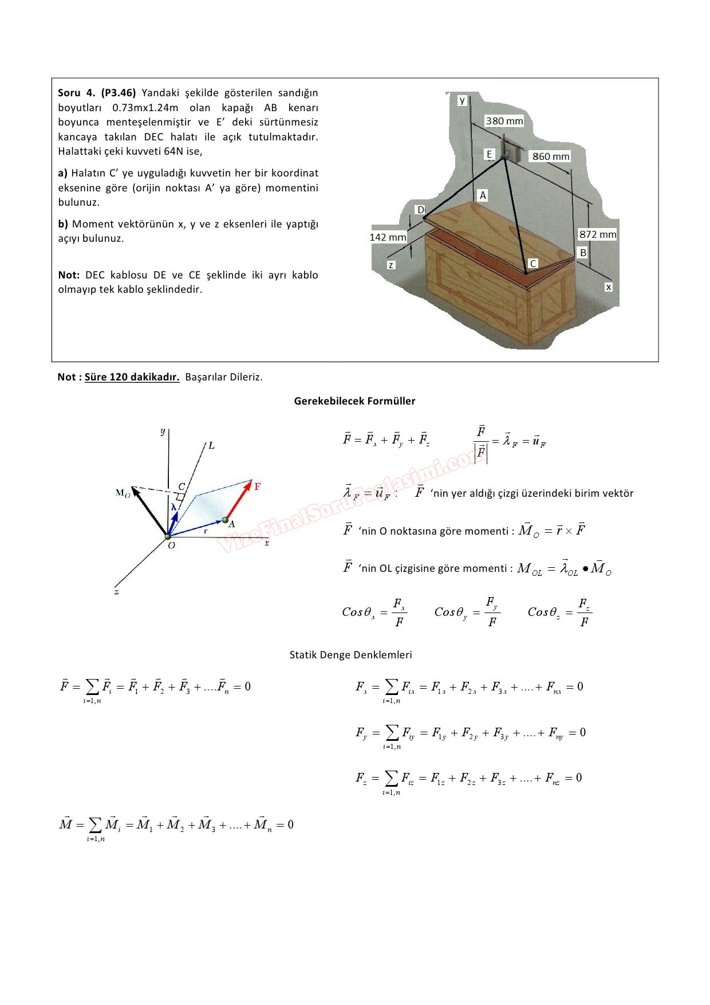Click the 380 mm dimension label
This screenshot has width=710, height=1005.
tap(504, 121)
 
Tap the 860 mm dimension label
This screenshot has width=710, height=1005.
tap(551, 156)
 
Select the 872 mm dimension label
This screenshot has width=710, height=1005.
tap(597, 234)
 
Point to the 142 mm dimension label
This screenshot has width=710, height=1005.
tap(388, 237)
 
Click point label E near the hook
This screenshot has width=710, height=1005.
tap(490, 154)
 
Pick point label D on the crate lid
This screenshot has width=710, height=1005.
tap(421, 210)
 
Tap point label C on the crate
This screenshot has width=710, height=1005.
tap(533, 264)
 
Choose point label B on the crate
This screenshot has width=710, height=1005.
tap(583, 253)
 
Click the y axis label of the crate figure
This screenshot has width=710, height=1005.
tap(462, 100)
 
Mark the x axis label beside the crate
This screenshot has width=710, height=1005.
tap(608, 286)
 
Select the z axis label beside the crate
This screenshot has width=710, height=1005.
tap(391, 265)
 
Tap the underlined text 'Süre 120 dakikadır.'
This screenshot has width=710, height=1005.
tap(132, 377)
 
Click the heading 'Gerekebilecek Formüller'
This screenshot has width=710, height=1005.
tap(354, 401)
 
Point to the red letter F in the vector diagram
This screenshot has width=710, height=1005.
tap(257, 486)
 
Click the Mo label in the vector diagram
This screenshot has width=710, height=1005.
tap(123, 493)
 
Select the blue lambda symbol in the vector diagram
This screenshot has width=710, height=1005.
tap(173, 507)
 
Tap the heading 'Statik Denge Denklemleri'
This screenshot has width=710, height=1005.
tap(350, 655)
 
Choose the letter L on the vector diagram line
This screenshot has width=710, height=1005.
tap(211, 445)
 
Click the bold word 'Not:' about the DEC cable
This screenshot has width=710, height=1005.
tap(69, 275)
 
